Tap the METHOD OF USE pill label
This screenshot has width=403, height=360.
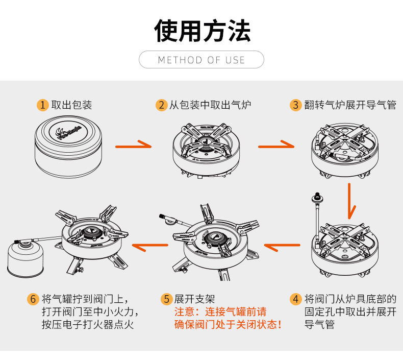click(x=202, y=60)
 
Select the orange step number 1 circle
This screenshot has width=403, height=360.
click(x=43, y=105)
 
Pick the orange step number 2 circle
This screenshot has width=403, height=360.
click(x=161, y=105)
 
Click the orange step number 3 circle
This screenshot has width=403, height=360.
click(x=296, y=105)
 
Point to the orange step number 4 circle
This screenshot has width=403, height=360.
click(x=296, y=299)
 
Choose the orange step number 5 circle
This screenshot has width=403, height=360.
click(x=166, y=299)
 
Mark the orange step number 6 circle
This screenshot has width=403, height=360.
click(x=33, y=299)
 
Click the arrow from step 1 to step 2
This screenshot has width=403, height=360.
click(x=134, y=146)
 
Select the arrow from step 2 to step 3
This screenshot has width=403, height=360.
click(x=276, y=146)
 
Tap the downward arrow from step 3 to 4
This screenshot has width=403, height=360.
click(x=350, y=199)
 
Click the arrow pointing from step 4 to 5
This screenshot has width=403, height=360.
click(x=282, y=247)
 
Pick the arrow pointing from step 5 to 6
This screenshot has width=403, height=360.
click(x=150, y=247)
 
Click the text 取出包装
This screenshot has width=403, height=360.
click(x=71, y=105)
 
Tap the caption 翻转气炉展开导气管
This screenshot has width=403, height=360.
click(x=350, y=105)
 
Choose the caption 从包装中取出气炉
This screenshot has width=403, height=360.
click(x=210, y=105)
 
